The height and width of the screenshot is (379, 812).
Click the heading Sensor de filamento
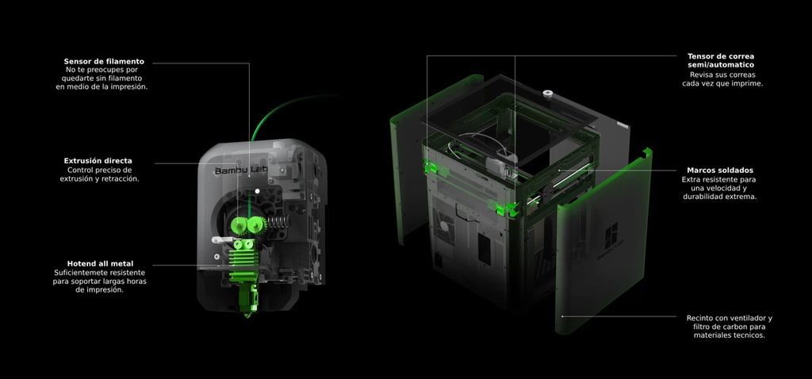(103, 61)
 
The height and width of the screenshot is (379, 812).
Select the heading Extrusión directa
(98, 161)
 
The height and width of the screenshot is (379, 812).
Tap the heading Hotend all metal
(100, 263)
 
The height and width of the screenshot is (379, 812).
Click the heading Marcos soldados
(720, 170)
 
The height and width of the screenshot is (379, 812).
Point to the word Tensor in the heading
(703, 56)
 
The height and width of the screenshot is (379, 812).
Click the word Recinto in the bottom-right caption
(703, 318)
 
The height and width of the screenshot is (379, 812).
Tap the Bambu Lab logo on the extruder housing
(241, 170)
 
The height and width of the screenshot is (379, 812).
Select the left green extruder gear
(239, 226)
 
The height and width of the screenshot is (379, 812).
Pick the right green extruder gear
(256, 226)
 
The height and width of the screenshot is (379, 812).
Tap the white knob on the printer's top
(547, 94)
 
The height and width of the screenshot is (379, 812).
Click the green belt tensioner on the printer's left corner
(433, 167)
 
